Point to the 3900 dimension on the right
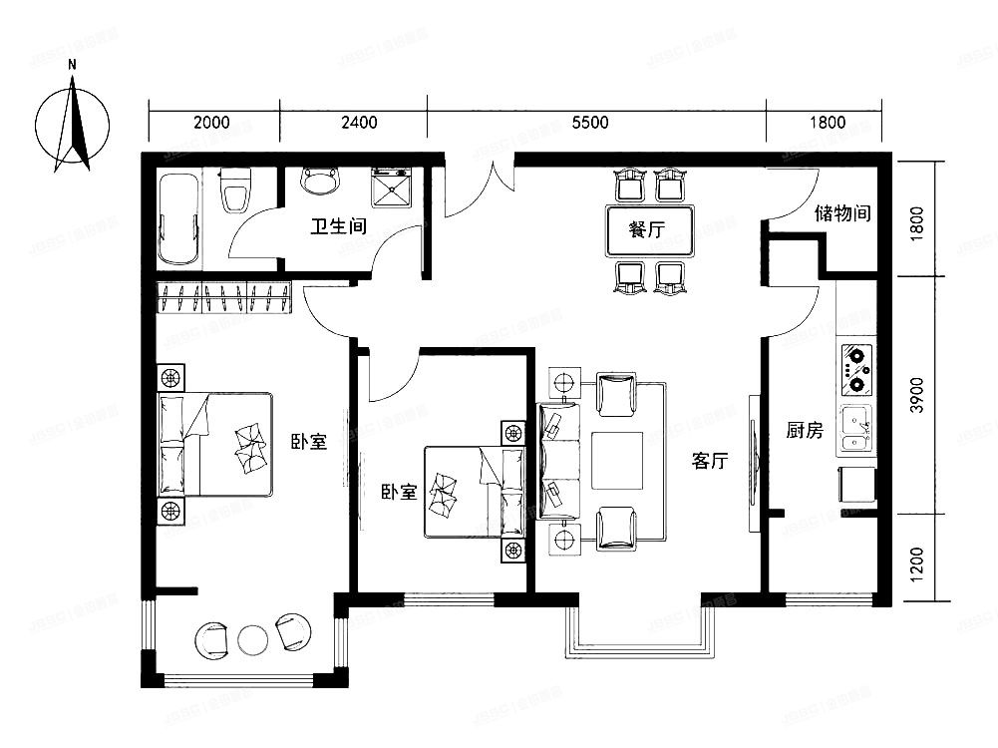pos(917,396)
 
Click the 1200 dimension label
pos(917,563)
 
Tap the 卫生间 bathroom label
pos(338,226)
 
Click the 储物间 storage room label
pos(843,212)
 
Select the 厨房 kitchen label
pos(805,431)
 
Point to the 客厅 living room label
pos(711,461)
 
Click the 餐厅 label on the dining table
pos(646,230)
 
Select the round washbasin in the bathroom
pos(320,181)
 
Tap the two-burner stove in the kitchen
pos(855,369)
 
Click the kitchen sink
pos(854,430)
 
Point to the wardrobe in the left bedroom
pos(223,297)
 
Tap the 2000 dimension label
pos(211,124)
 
